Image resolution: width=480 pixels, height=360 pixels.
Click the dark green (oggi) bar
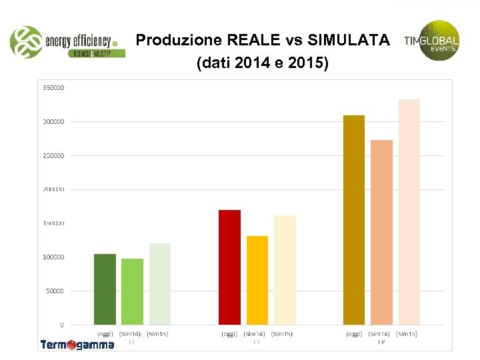click(105, 289)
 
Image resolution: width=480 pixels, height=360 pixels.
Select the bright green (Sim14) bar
click(132, 291)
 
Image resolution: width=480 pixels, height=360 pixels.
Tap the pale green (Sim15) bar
click(159, 284)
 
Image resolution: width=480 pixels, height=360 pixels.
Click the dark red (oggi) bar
click(229, 267)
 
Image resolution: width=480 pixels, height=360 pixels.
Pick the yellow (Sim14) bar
click(257, 280)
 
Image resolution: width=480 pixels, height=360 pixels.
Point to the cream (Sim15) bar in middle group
click(285, 270)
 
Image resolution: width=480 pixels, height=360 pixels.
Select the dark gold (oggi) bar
click(354, 220)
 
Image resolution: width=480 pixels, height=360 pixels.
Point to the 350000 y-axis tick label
click(53, 87)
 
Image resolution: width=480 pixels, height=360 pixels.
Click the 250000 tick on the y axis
click(53, 155)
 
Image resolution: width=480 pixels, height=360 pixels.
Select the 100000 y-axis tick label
click(53, 257)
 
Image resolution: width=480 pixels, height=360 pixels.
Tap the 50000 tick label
click(55, 291)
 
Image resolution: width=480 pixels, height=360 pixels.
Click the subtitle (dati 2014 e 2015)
click(262, 64)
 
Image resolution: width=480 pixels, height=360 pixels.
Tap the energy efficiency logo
click(67, 42)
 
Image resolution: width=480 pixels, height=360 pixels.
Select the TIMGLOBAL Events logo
click(433, 40)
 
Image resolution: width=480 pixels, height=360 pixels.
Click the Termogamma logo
click(77, 345)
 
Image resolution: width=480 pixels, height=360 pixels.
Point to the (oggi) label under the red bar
click(229, 333)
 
